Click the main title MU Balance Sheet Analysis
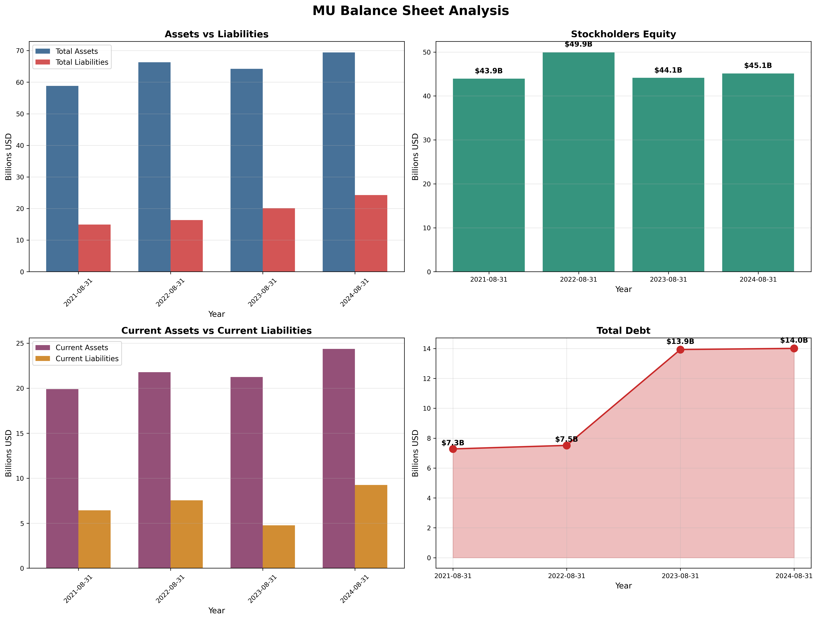411,11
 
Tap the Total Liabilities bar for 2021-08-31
94,248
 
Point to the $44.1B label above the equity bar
668,70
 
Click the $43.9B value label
488,71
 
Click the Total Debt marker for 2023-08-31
680,350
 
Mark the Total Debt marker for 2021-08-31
453,449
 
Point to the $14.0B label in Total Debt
794,341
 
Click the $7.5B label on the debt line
566,439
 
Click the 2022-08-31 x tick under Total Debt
566,576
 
